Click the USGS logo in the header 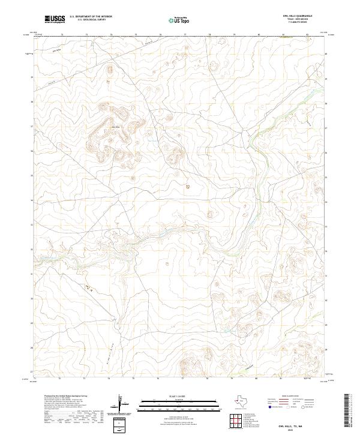[55, 19]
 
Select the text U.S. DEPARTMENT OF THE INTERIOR [91, 17]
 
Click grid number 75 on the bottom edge [133, 379]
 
